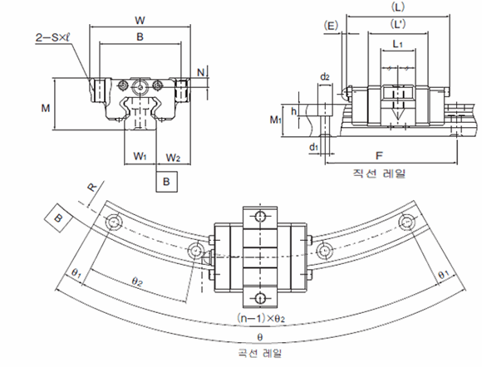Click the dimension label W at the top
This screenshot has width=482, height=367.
pyautogui.click(x=140, y=21)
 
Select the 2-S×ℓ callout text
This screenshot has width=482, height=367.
pyautogui.click(x=53, y=37)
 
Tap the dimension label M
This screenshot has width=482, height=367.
pyautogui.click(x=46, y=108)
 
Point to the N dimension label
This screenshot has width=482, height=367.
pyautogui.click(x=200, y=72)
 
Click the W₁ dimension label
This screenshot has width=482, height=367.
pyautogui.click(x=140, y=156)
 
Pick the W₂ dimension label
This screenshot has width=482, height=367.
pyautogui.click(x=173, y=158)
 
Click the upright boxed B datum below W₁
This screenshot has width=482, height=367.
pyautogui.click(x=166, y=182)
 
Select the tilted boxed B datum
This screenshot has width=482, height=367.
pyautogui.click(x=58, y=218)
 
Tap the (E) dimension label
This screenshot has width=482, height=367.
pyautogui.click(x=331, y=26)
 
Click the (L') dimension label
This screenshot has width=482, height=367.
pyautogui.click(x=398, y=23)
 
